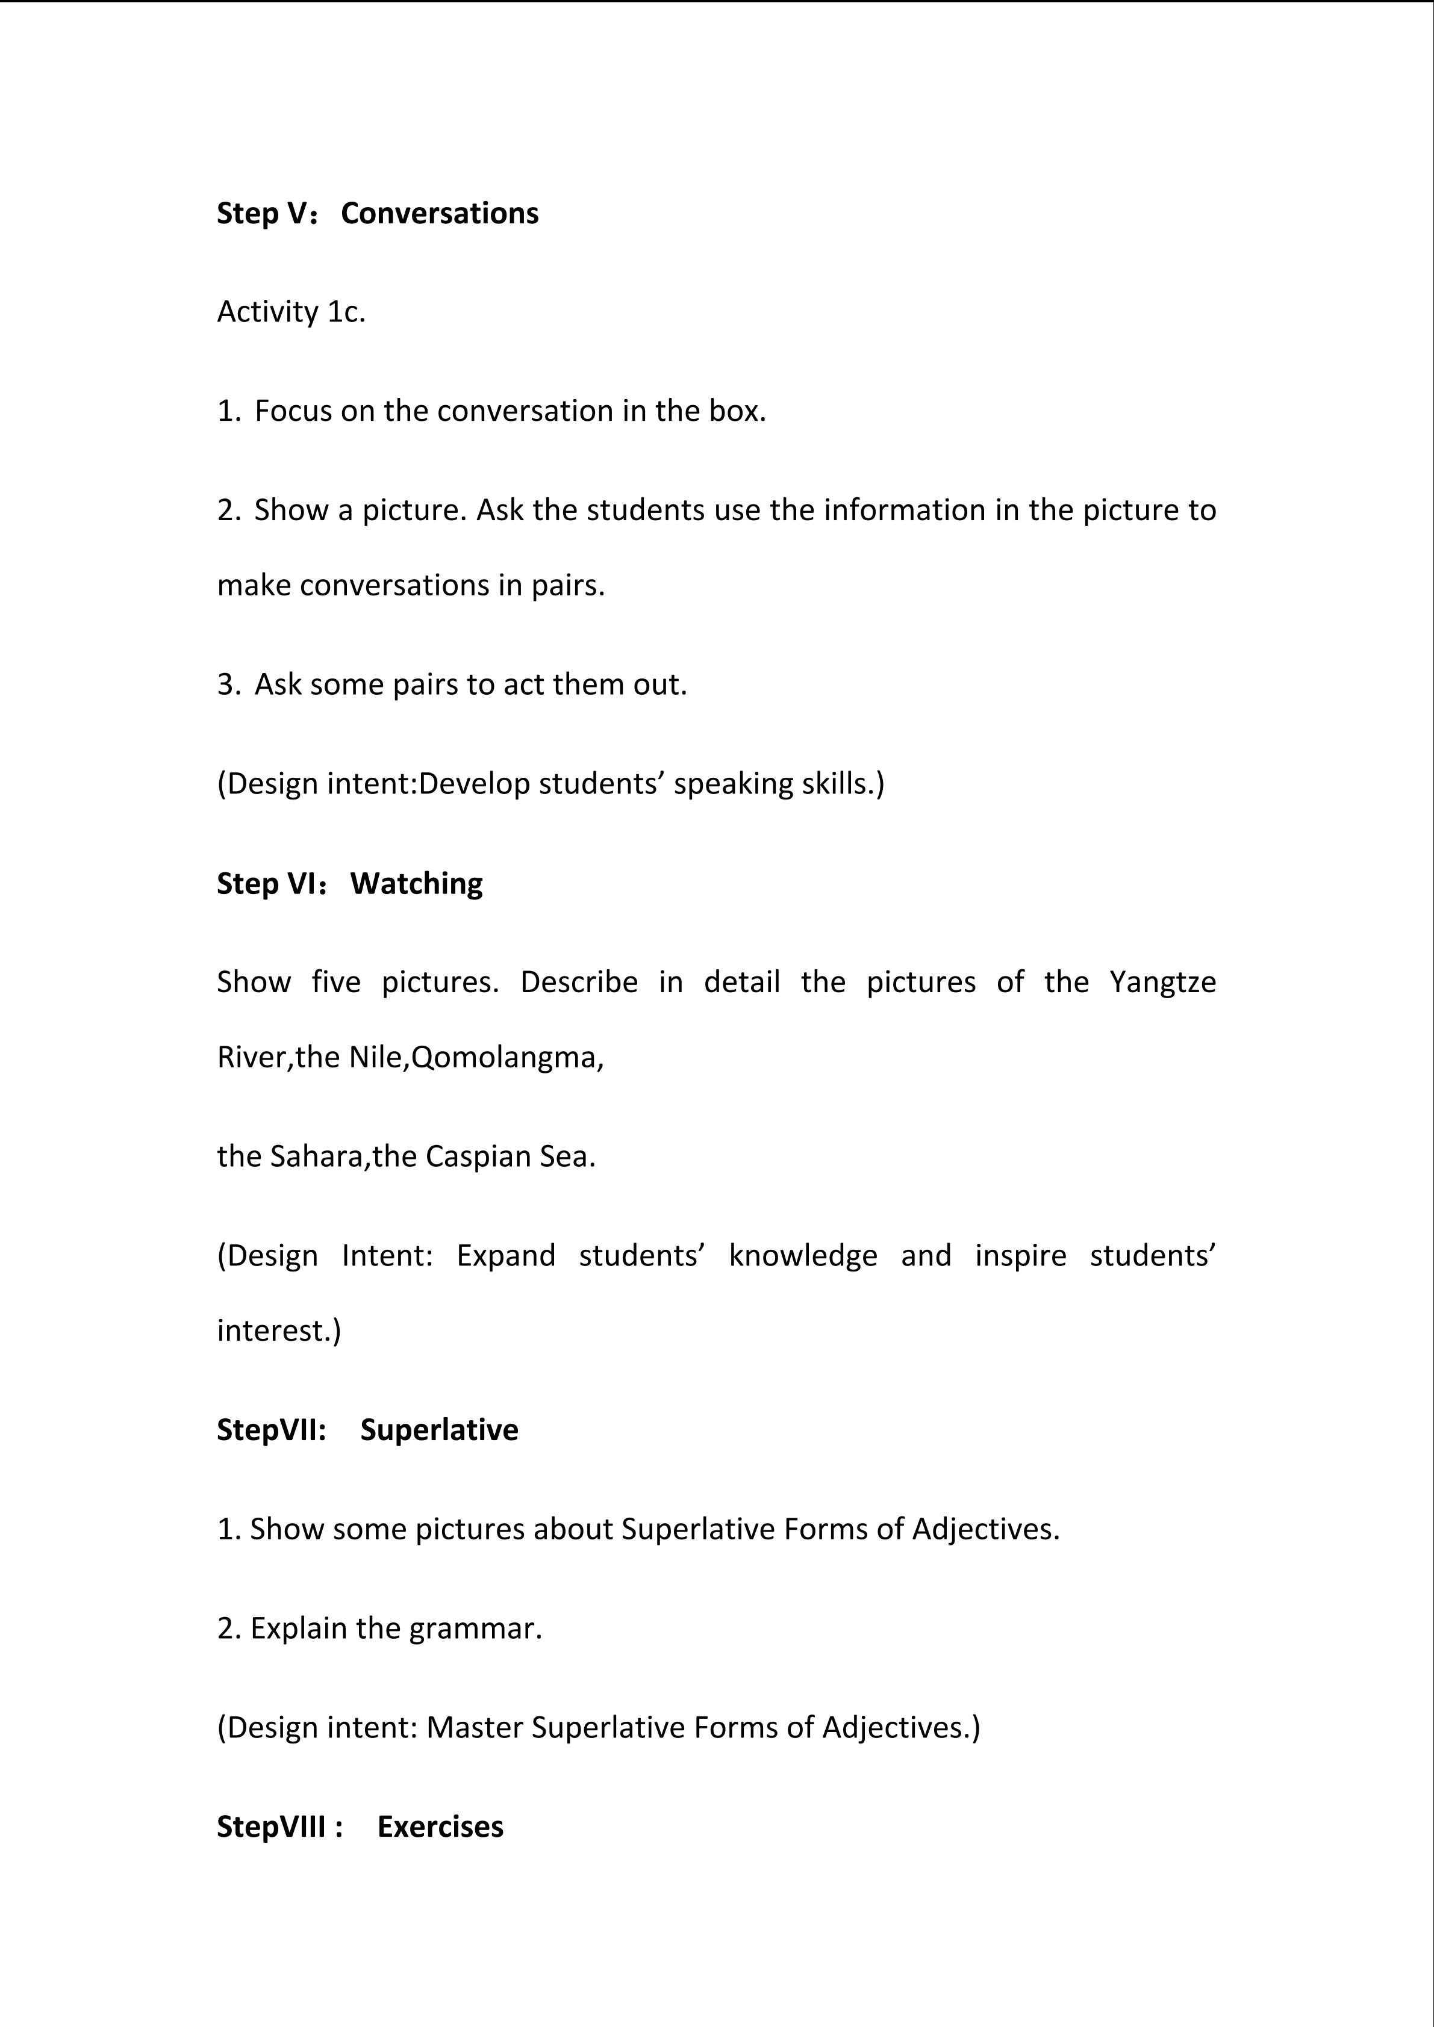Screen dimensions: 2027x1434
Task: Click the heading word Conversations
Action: pos(439,214)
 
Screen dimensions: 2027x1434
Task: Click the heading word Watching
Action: pos(416,884)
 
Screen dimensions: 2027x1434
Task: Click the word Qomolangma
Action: pos(507,1058)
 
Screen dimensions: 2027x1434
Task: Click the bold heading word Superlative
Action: pos(439,1431)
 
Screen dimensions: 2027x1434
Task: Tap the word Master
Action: pos(474,1728)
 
